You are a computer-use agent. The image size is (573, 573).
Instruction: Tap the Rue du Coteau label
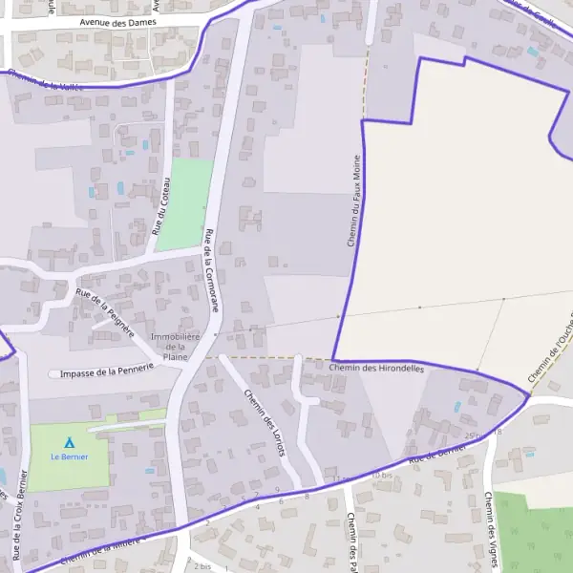click(x=160, y=206)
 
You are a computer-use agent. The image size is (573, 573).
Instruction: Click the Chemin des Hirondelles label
click(x=376, y=368)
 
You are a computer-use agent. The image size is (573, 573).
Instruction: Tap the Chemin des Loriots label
click(x=265, y=424)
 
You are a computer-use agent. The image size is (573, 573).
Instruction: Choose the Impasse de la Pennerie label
click(x=106, y=371)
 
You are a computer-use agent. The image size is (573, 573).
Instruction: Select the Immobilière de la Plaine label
click(x=175, y=347)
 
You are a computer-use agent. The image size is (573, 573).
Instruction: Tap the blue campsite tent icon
click(x=69, y=442)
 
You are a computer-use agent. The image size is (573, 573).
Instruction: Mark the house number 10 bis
click(x=382, y=475)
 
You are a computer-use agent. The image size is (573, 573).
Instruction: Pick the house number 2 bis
click(x=202, y=566)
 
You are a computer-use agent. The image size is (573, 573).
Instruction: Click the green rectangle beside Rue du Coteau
click(x=184, y=205)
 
